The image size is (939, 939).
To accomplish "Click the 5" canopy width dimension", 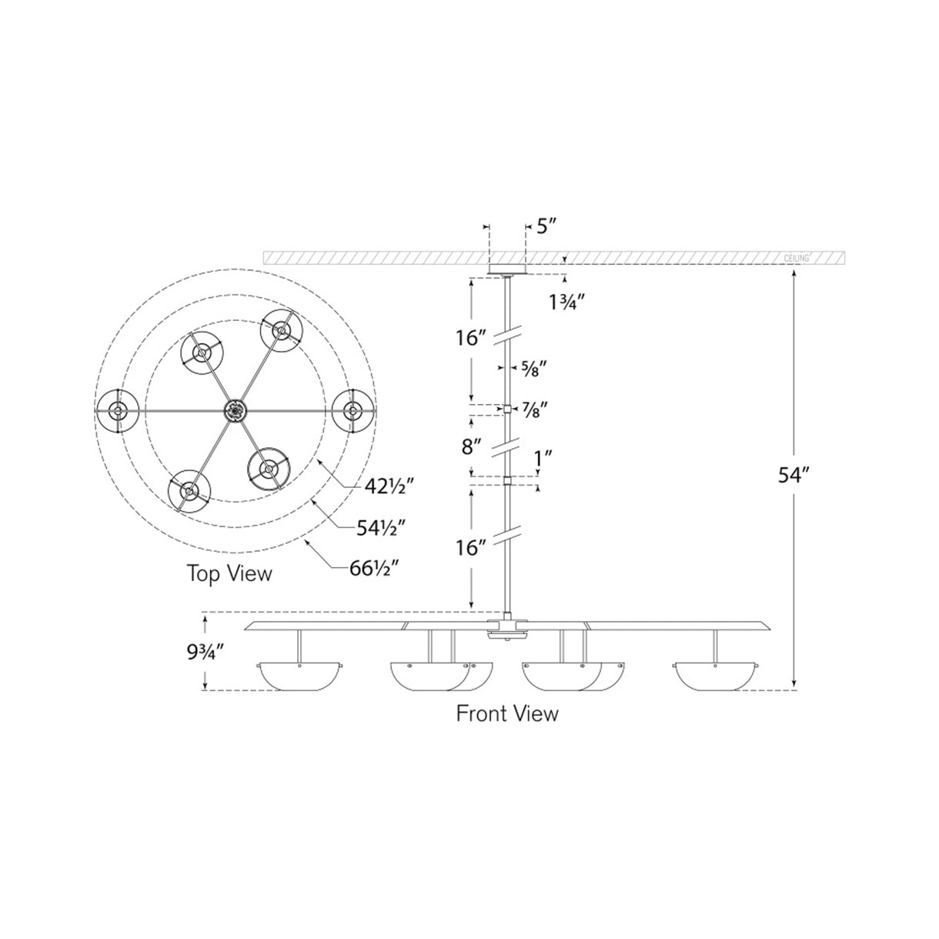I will [546, 226].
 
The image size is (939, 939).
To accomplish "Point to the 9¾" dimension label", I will [205, 654].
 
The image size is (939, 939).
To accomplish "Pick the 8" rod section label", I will [472, 446].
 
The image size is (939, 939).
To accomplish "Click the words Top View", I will [229, 573].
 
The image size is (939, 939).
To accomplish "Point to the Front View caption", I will [507, 713].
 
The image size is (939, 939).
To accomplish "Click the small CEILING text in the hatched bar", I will [796, 258].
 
